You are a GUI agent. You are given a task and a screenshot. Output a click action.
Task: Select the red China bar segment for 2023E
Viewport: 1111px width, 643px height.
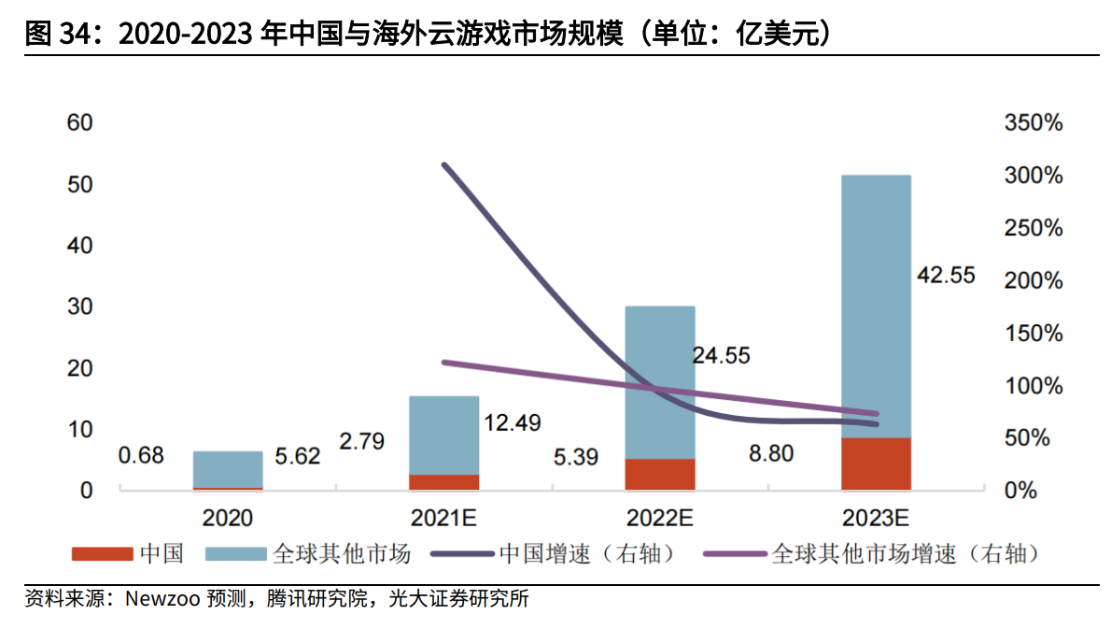(876, 464)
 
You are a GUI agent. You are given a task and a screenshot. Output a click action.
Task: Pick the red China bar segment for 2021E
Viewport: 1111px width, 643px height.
(444, 482)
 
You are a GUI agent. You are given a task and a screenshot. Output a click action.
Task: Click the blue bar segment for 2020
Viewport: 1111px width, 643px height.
(228, 469)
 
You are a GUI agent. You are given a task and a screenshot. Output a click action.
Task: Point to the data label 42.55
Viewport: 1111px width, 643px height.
(945, 275)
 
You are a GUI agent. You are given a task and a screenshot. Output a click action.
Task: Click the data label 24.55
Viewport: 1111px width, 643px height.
(720, 356)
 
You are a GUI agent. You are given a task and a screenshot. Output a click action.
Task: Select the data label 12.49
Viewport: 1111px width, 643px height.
(512, 422)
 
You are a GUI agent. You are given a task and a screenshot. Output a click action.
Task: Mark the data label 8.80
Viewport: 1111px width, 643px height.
(770, 454)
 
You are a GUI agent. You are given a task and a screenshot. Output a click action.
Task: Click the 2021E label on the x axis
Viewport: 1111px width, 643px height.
(444, 518)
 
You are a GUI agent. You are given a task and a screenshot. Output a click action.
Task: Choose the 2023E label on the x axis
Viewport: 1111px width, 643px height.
(876, 518)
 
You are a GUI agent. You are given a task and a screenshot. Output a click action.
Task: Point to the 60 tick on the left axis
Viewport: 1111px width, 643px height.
(79, 123)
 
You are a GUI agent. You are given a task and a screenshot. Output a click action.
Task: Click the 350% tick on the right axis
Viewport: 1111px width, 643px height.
(1034, 123)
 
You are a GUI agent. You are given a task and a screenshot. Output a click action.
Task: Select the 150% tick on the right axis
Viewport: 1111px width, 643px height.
(1034, 334)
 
